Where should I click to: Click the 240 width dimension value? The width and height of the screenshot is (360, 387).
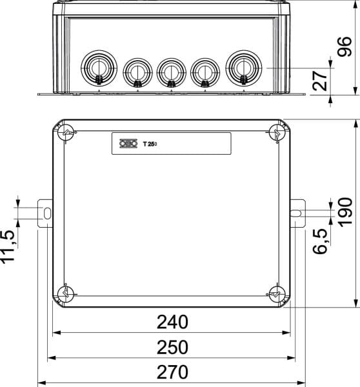click(x=172, y=322)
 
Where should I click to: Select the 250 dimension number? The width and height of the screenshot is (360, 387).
click(x=172, y=347)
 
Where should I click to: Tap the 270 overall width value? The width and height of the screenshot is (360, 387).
click(x=172, y=372)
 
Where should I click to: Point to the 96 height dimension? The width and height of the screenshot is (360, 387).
click(x=345, y=47)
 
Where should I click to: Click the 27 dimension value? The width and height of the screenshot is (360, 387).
click(x=320, y=81)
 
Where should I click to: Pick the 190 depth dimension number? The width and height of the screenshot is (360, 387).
click(x=345, y=212)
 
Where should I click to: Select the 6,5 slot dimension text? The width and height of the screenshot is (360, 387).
click(x=320, y=241)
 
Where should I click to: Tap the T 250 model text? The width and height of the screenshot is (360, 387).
click(x=150, y=144)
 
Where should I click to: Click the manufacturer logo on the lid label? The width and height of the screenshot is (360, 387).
click(x=128, y=144)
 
